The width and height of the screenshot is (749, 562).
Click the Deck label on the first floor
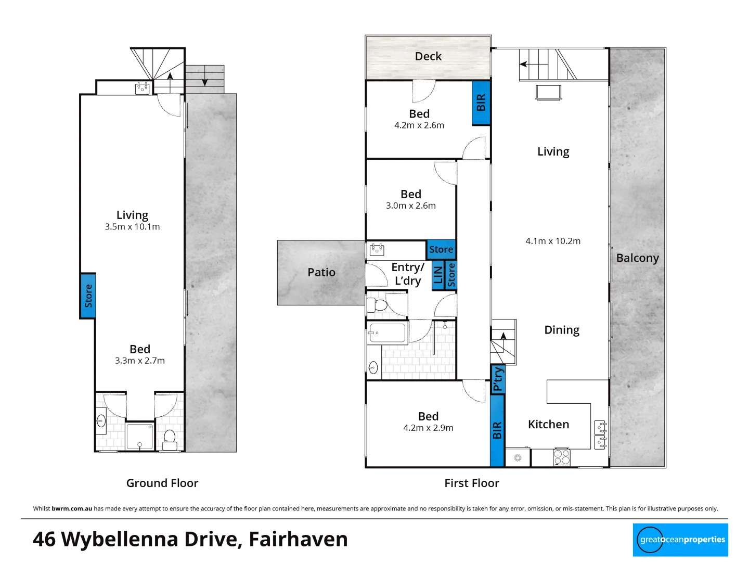[x=428, y=56]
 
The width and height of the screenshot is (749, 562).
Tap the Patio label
[x=321, y=272]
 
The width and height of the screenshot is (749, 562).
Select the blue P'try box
[x=498, y=379]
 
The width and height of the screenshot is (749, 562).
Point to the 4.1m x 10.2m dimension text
[x=552, y=241]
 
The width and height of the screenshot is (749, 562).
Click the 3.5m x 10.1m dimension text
[x=132, y=227]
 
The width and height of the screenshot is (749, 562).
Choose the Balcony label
[x=637, y=258]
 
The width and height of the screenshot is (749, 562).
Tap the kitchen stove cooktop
[x=562, y=456]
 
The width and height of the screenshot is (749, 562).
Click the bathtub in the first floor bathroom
[x=387, y=333]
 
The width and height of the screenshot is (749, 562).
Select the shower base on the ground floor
[x=140, y=436]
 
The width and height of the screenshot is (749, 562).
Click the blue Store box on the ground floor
[x=88, y=296]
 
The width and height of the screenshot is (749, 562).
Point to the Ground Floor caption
[x=162, y=483]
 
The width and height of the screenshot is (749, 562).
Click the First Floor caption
[x=471, y=483]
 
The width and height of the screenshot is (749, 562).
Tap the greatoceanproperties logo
[x=680, y=540]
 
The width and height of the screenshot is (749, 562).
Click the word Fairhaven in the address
[x=298, y=539]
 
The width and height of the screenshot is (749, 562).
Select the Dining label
[x=561, y=330]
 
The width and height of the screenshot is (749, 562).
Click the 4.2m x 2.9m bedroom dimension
[x=428, y=428]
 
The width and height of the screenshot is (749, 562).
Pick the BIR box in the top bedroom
[x=481, y=103]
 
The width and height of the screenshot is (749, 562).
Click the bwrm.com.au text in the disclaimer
[x=72, y=508]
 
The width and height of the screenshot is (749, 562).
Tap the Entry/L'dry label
[x=407, y=274]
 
